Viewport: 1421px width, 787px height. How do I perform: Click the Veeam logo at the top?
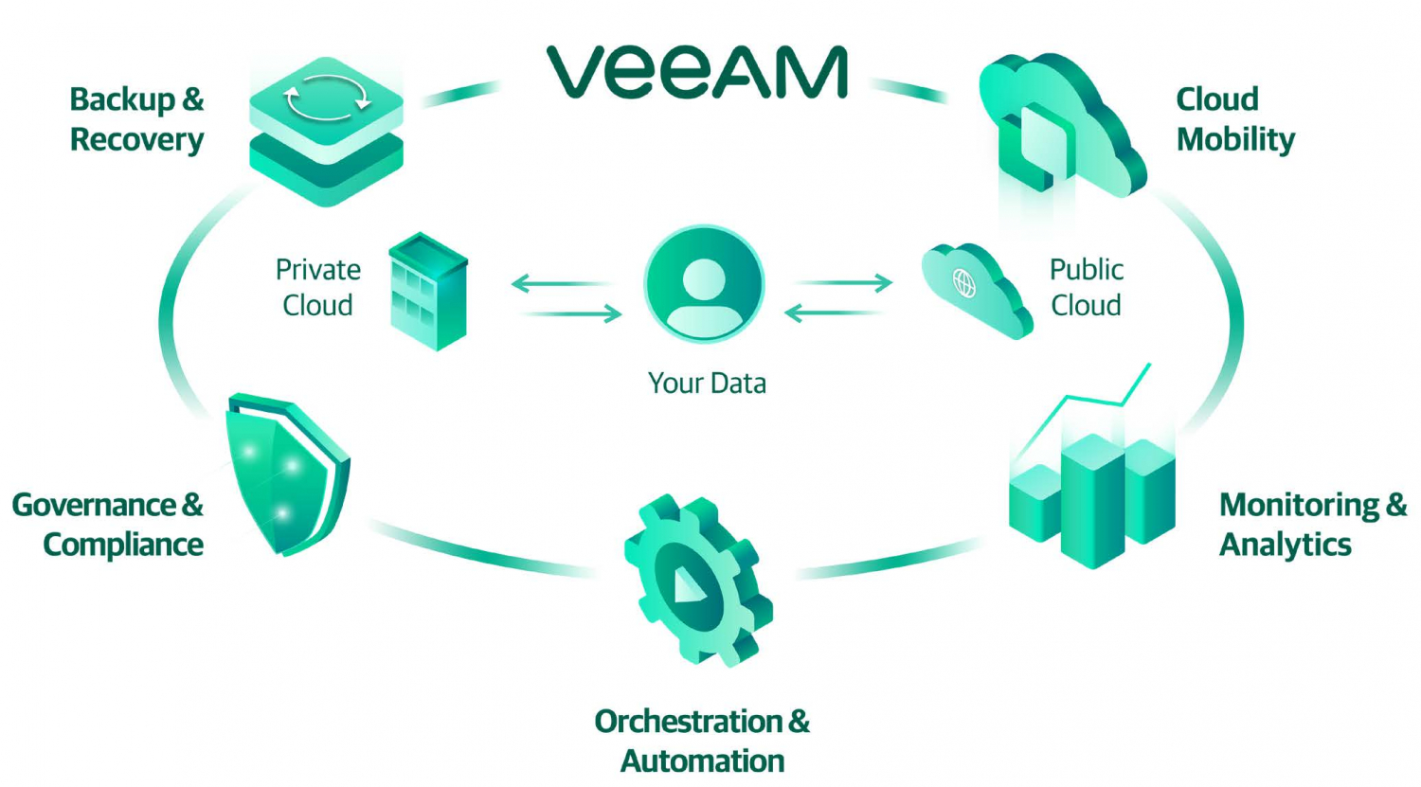click(x=696, y=73)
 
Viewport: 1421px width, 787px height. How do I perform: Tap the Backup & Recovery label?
click(x=136, y=119)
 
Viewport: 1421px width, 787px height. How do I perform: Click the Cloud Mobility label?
click(x=1234, y=119)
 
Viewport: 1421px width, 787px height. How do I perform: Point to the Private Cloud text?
click(x=317, y=288)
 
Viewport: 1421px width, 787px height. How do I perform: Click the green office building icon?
click(x=428, y=291)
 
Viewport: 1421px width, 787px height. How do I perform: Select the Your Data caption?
click(x=707, y=384)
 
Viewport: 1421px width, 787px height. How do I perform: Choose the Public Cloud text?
click(x=1086, y=288)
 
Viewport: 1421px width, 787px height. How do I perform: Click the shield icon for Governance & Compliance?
click(x=285, y=473)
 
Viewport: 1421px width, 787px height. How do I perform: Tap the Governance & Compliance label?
click(x=108, y=525)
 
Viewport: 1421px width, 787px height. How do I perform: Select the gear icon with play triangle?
click(x=696, y=580)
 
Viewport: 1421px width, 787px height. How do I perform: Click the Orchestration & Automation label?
click(x=702, y=742)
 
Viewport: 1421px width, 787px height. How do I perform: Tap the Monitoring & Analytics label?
click(x=1312, y=525)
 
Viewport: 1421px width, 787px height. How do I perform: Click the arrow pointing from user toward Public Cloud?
click(x=843, y=282)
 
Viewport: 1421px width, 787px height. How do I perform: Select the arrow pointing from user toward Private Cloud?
click(x=559, y=282)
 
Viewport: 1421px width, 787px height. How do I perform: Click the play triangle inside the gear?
click(x=688, y=587)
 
